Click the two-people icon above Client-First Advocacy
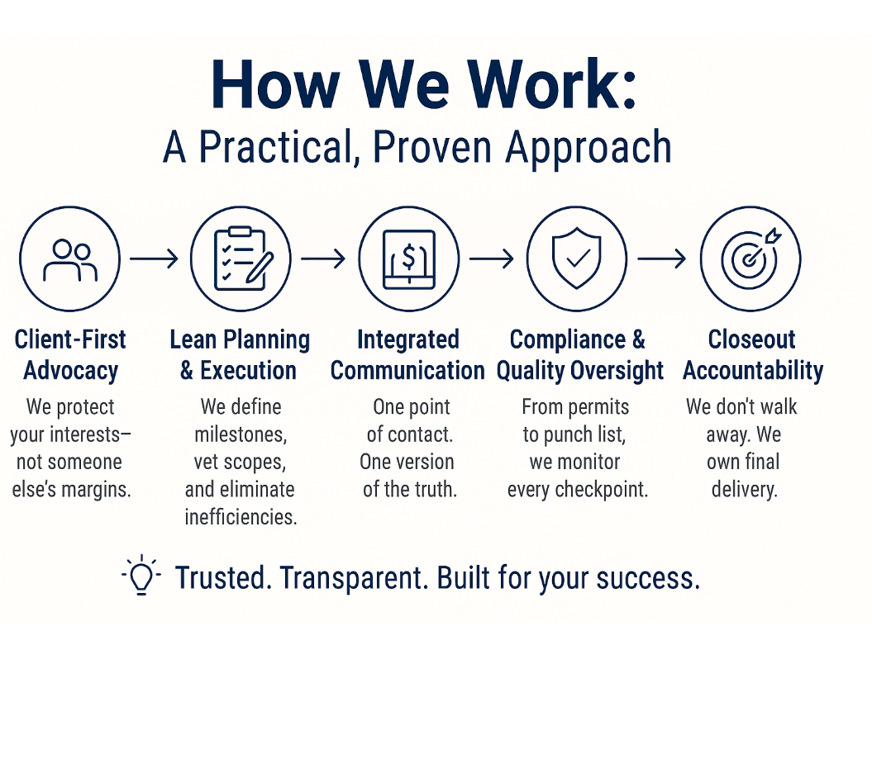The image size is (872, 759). [70, 260]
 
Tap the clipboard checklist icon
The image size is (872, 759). [242, 259]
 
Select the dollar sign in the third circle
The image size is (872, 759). [409, 257]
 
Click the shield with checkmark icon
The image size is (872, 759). [577, 258]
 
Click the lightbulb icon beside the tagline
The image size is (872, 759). [141, 575]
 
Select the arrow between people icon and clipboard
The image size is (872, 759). [154, 259]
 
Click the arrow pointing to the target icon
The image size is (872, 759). [662, 259]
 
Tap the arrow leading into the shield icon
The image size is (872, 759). [492, 259]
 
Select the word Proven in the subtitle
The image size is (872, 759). [432, 147]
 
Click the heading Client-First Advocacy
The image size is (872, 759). [70, 355]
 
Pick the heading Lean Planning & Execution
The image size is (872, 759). [240, 355]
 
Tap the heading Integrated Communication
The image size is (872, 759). [407, 355]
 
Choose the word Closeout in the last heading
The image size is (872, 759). [752, 339]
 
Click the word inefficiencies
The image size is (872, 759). [241, 517]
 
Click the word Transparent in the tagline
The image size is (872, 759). [354, 579]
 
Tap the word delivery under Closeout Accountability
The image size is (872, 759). [744, 490]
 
